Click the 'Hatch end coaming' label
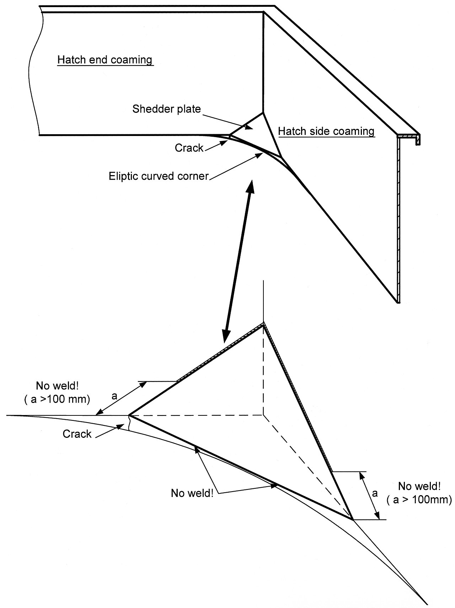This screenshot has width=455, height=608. click(x=105, y=60)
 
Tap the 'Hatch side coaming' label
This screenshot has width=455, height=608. click(x=326, y=131)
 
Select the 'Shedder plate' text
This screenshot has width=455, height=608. click(x=166, y=109)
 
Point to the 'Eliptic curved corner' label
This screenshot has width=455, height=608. click(x=159, y=176)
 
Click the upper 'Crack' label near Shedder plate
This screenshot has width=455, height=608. click(x=189, y=148)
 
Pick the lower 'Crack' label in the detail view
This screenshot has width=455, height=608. click(x=77, y=434)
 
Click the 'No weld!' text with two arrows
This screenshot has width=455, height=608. click(x=192, y=493)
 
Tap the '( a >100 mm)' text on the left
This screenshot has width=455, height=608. click(x=57, y=399)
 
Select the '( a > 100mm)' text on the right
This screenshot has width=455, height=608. click(x=419, y=500)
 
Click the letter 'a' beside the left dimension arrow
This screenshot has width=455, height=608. click(x=114, y=396)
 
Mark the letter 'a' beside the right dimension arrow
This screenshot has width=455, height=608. click(x=374, y=493)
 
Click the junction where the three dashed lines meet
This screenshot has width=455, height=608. click(x=263, y=415)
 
